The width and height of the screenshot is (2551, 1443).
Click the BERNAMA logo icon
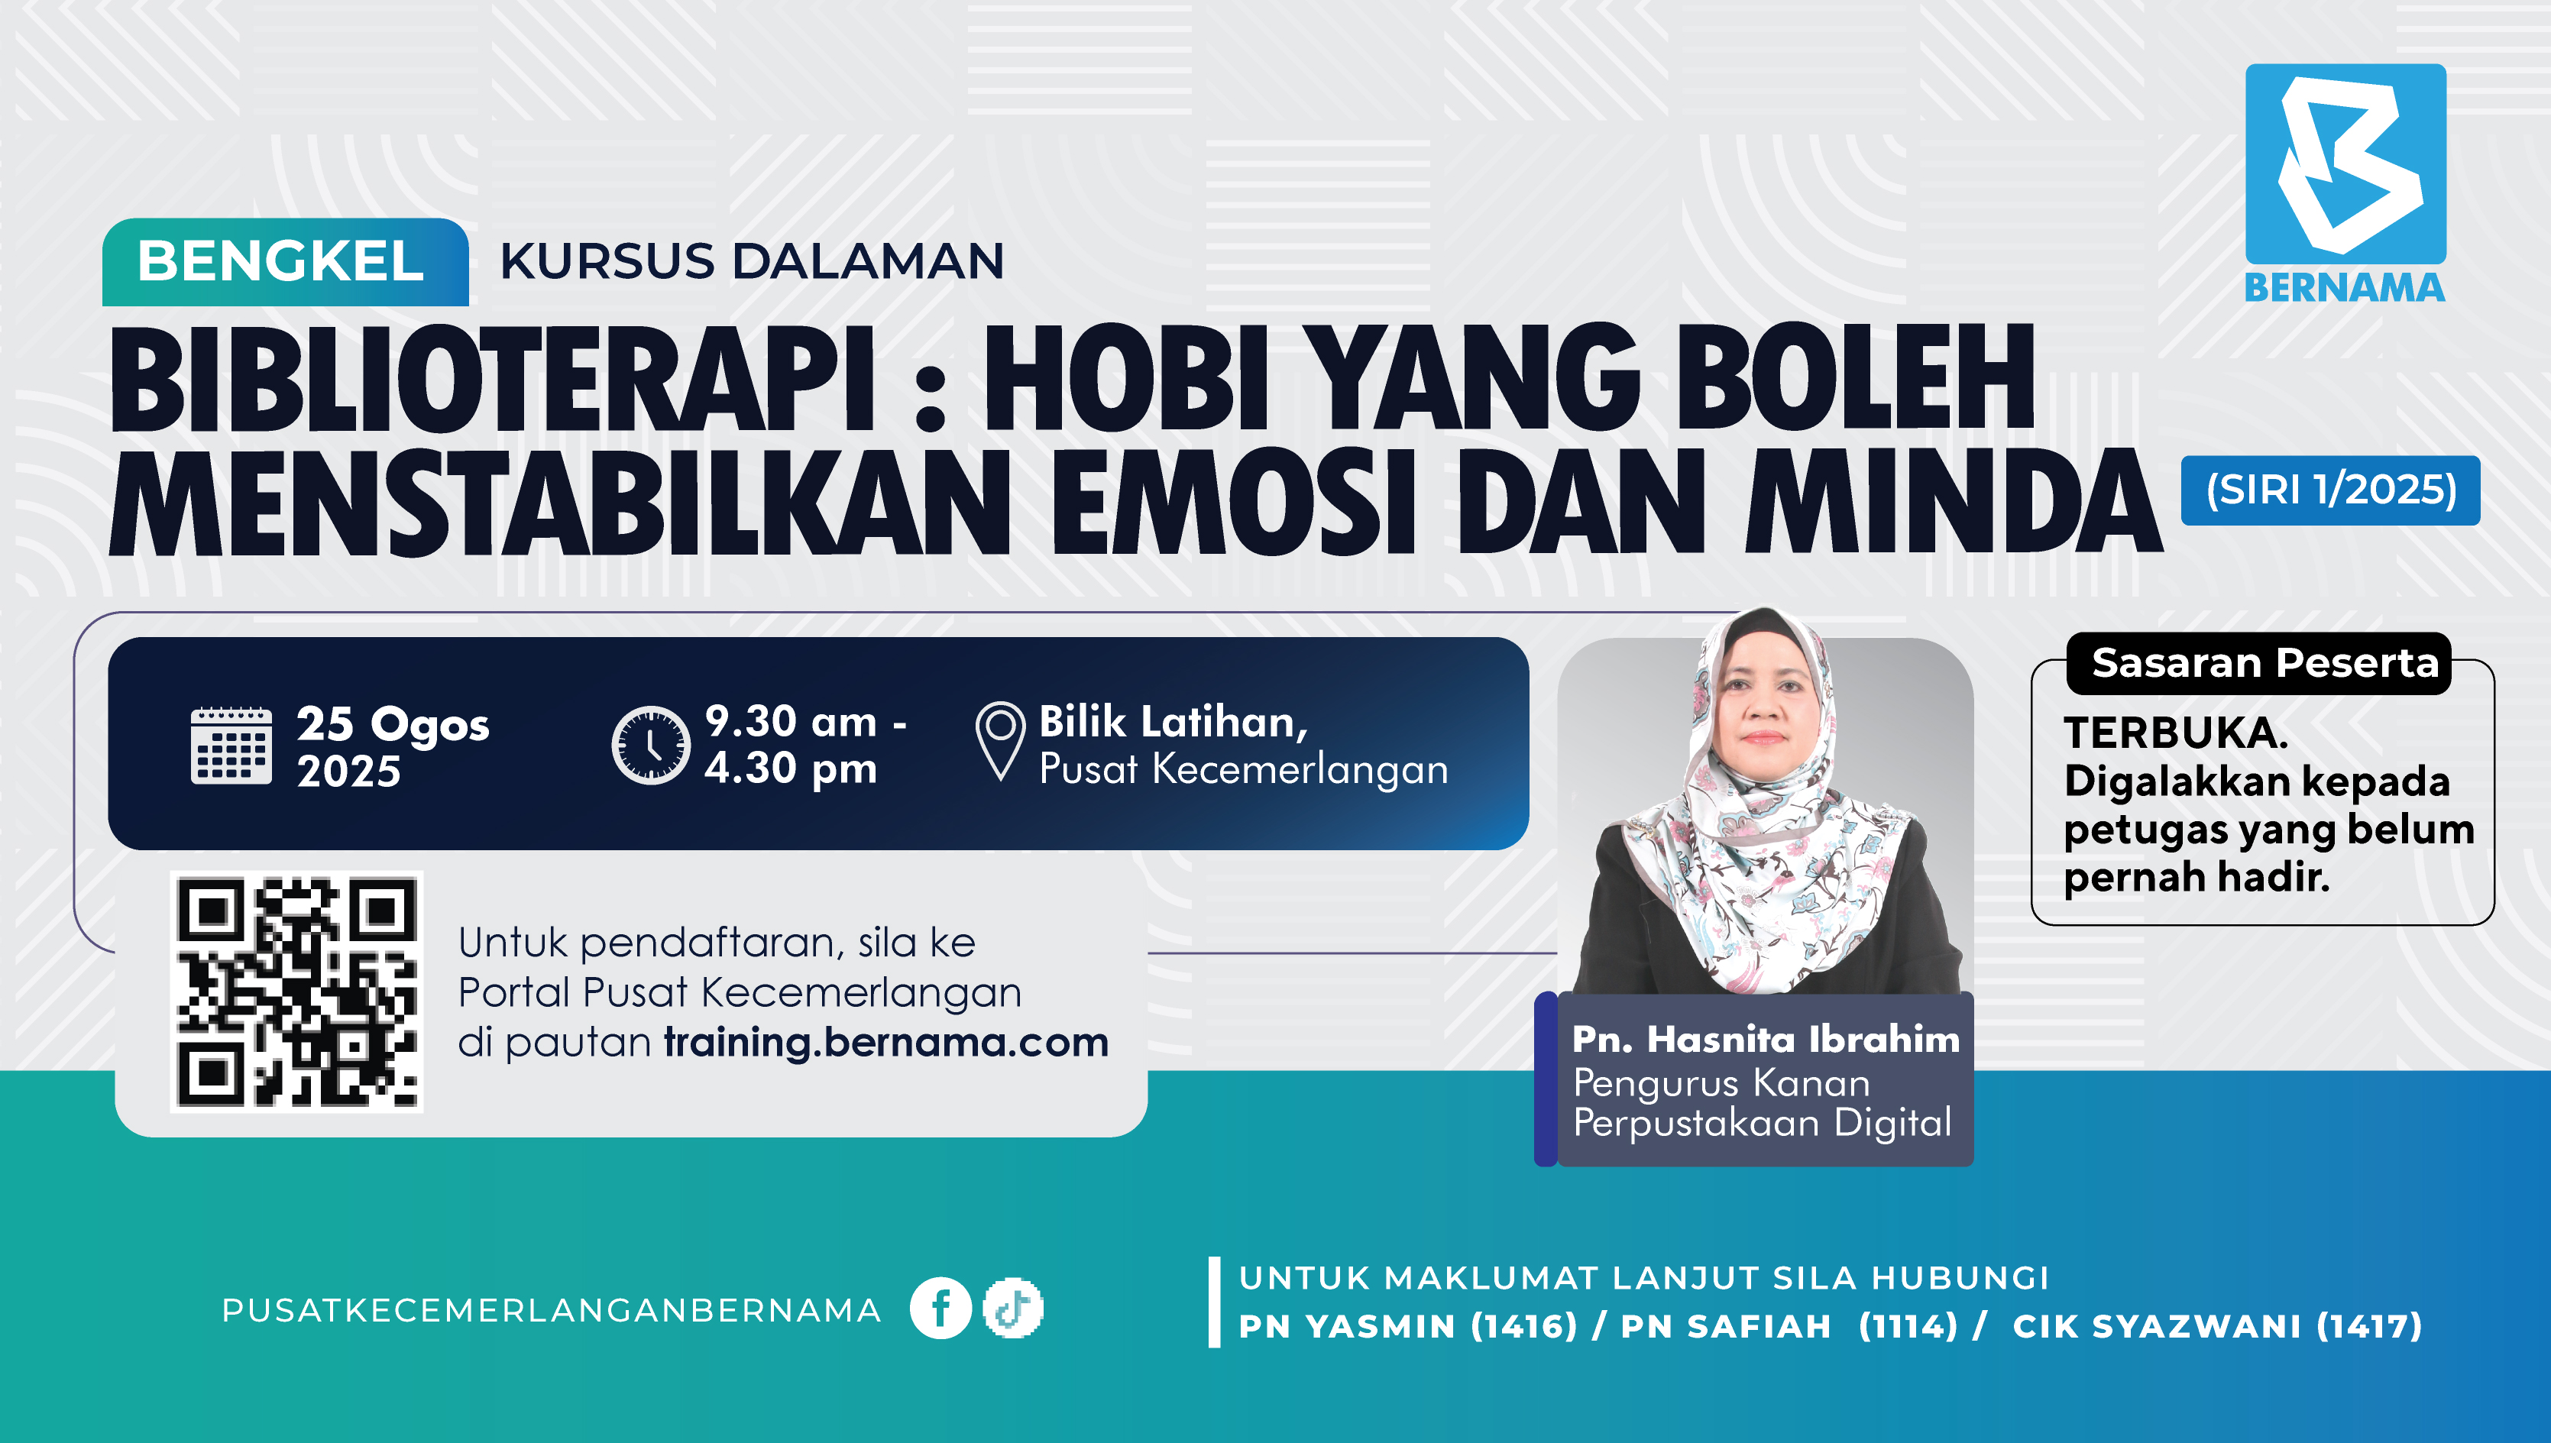(x=2345, y=163)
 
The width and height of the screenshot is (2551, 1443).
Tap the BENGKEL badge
(x=286, y=262)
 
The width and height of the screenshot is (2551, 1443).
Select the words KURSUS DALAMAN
(x=751, y=262)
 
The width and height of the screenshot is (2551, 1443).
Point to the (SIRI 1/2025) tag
(x=2330, y=490)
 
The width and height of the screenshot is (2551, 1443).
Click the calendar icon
(x=231, y=746)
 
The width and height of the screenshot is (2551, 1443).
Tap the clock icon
(x=650, y=746)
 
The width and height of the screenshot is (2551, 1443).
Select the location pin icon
(x=1000, y=740)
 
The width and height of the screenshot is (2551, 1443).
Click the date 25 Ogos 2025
(x=393, y=747)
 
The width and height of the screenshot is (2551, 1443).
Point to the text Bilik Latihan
(x=1174, y=721)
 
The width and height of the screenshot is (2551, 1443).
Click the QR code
(x=296, y=991)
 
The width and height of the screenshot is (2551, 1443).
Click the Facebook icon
(x=940, y=1309)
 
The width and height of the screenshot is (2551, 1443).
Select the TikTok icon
(x=1013, y=1309)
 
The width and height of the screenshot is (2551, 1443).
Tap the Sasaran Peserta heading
(x=2264, y=662)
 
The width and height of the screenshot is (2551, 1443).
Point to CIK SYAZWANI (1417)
(x=2217, y=1326)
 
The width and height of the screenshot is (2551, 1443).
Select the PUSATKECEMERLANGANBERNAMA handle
(x=551, y=1310)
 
